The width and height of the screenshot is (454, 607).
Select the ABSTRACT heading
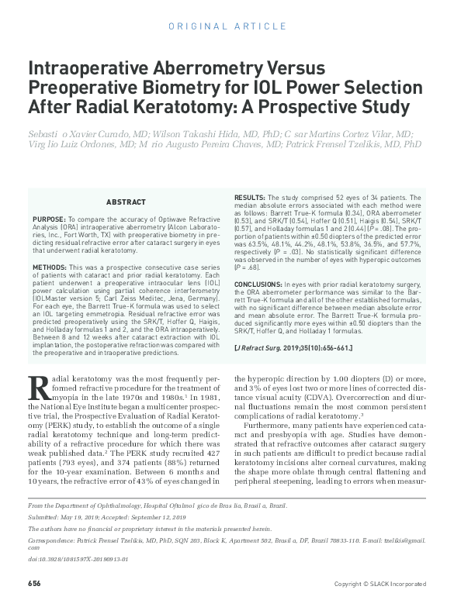(126, 202)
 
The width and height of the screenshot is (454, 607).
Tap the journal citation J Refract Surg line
(293, 348)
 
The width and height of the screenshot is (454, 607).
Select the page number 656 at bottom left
(34, 583)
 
